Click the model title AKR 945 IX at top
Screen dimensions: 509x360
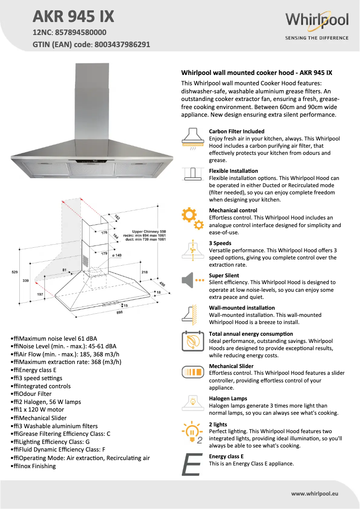pos(74,17)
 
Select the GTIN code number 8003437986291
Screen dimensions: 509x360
pos(122,44)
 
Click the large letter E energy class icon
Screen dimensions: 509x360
pos(191,464)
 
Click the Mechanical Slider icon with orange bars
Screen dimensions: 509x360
pos(193,372)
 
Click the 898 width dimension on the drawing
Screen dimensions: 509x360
pos(120,312)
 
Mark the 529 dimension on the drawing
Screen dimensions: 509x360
pos(14,272)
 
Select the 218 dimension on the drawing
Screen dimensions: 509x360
pos(145,272)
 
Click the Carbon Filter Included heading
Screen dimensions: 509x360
pos(237,132)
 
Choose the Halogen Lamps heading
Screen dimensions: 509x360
pos(228,399)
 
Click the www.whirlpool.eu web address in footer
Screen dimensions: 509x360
pos(315,493)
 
